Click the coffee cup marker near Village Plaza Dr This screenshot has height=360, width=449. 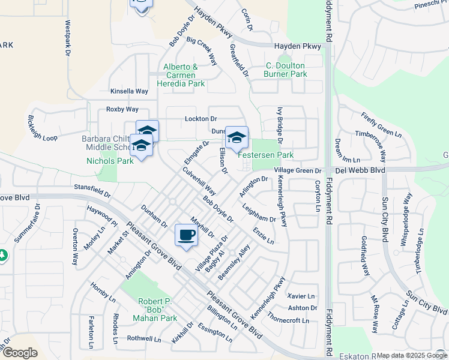click(x=187, y=235)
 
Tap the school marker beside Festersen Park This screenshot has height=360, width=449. click(x=237, y=137)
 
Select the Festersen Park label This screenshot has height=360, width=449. click(x=266, y=155)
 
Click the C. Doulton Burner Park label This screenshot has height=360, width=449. click(x=285, y=70)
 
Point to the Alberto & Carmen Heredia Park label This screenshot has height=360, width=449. click(x=181, y=75)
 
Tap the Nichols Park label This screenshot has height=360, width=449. click(x=101, y=161)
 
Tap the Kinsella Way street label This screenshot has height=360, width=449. click(x=128, y=91)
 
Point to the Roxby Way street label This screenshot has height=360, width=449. click(x=122, y=109)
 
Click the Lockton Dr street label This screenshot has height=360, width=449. click(x=200, y=119)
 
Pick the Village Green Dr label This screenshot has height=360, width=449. click(x=298, y=171)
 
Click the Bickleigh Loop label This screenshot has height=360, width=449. click(x=43, y=129)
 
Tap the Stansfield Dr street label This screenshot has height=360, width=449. click(x=92, y=191)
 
